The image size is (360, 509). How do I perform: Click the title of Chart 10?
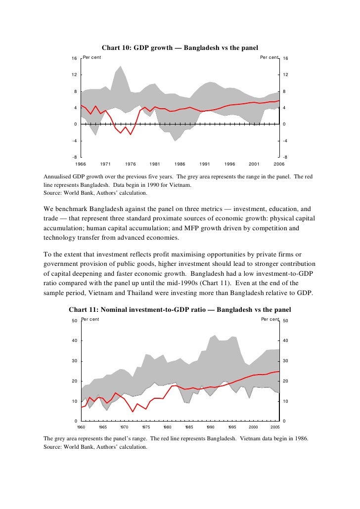[180, 48]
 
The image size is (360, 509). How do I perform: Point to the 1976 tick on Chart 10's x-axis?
[131, 163]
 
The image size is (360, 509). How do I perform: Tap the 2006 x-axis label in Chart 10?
[279, 163]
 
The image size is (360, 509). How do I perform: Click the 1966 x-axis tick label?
[81, 163]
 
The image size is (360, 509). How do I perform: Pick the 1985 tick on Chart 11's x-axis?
[189, 426]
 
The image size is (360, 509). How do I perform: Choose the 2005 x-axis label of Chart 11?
[275, 426]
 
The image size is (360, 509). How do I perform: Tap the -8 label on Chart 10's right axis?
[284, 158]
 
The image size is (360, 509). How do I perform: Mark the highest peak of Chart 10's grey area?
[121, 66]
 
